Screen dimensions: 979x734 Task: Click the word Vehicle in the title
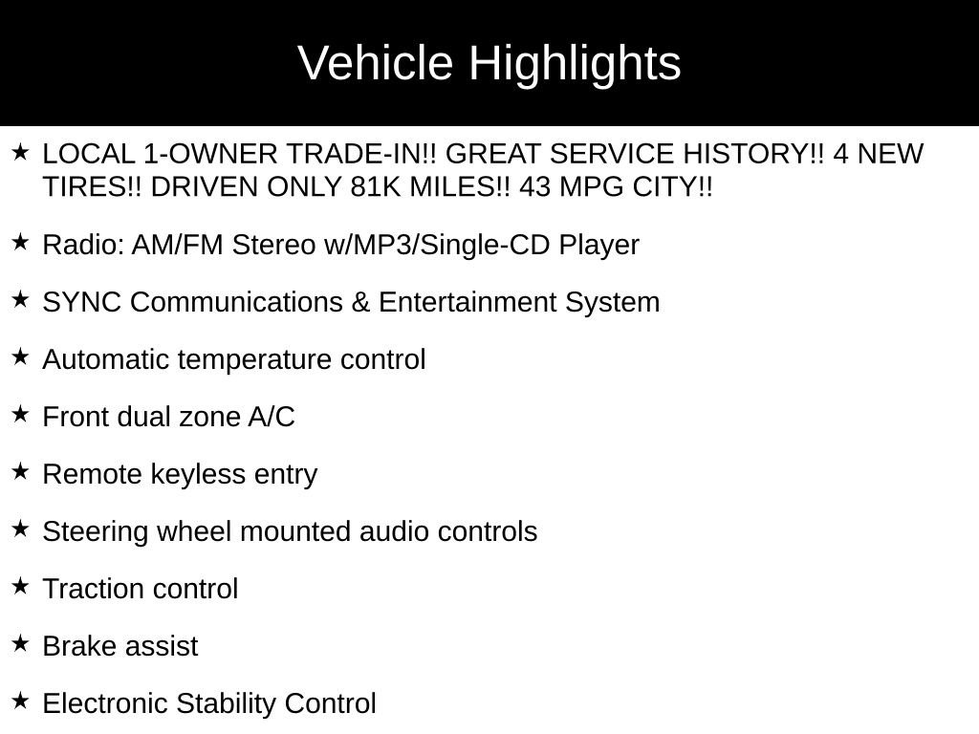point(375,62)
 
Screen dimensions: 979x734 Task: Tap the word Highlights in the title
point(575,64)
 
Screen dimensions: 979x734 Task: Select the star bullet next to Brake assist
point(21,643)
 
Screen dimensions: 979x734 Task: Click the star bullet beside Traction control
point(21,586)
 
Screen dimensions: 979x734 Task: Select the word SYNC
point(82,302)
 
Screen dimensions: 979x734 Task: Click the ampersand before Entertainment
point(360,302)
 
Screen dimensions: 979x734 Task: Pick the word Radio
point(83,245)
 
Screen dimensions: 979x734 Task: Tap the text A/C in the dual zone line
point(272,417)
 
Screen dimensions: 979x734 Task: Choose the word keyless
point(198,475)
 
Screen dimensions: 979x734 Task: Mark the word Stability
point(226,704)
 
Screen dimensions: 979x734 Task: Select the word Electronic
point(105,703)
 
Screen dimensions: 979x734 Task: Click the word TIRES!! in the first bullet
point(92,186)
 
